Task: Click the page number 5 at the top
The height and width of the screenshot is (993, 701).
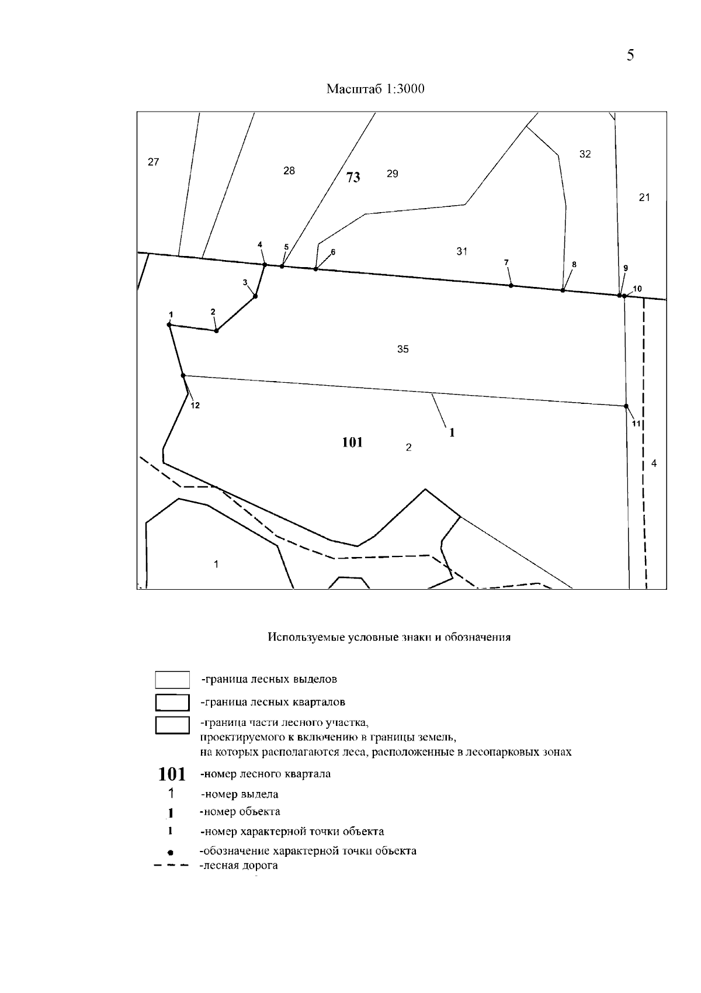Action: (630, 56)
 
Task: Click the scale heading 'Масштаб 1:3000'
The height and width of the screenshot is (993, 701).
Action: (375, 89)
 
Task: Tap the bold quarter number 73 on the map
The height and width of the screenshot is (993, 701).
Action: (353, 177)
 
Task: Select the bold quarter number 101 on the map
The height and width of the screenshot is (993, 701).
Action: (352, 442)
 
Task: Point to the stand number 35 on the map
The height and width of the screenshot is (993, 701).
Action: (402, 350)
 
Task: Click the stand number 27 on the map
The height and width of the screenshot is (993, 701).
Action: (153, 162)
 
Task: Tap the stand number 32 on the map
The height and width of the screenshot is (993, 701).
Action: (585, 154)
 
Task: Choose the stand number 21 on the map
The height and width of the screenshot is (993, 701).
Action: (644, 198)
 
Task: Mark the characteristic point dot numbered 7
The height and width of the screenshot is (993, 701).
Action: (511, 285)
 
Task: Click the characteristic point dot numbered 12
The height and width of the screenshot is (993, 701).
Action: (183, 375)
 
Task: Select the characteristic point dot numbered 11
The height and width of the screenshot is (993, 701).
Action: (626, 406)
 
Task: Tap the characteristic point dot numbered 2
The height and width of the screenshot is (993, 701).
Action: (216, 331)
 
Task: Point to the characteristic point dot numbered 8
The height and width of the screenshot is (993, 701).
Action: (563, 290)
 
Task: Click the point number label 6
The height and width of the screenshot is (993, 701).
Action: (333, 252)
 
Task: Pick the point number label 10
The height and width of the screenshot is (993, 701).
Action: (637, 289)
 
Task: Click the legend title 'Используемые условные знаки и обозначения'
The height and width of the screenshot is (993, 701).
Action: (389, 637)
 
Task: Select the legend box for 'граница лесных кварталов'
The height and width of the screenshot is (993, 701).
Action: (172, 702)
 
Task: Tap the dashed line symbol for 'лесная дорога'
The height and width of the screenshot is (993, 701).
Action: (171, 866)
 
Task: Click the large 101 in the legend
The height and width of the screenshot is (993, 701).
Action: (172, 774)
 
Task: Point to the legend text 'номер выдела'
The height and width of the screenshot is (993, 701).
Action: (240, 794)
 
